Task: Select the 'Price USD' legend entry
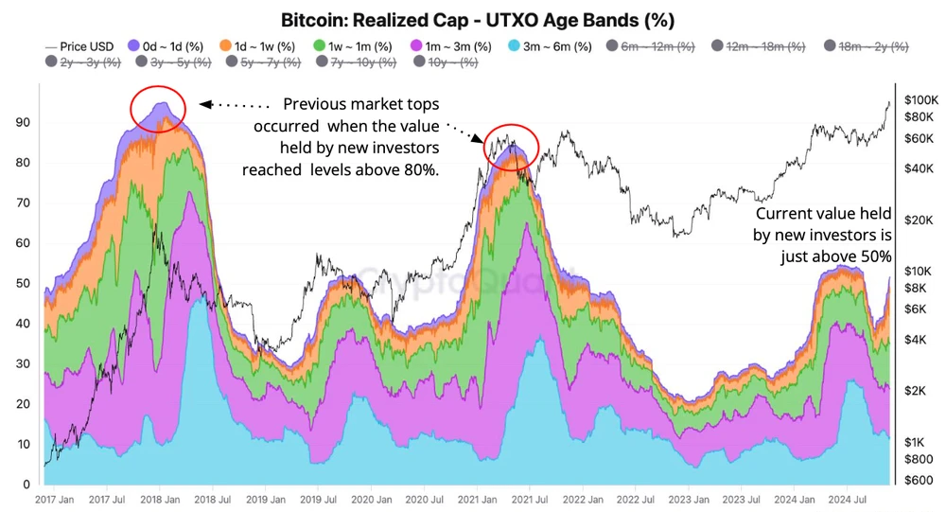tap(79, 45)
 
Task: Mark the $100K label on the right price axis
tap(920, 99)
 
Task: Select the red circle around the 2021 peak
tap(512, 147)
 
